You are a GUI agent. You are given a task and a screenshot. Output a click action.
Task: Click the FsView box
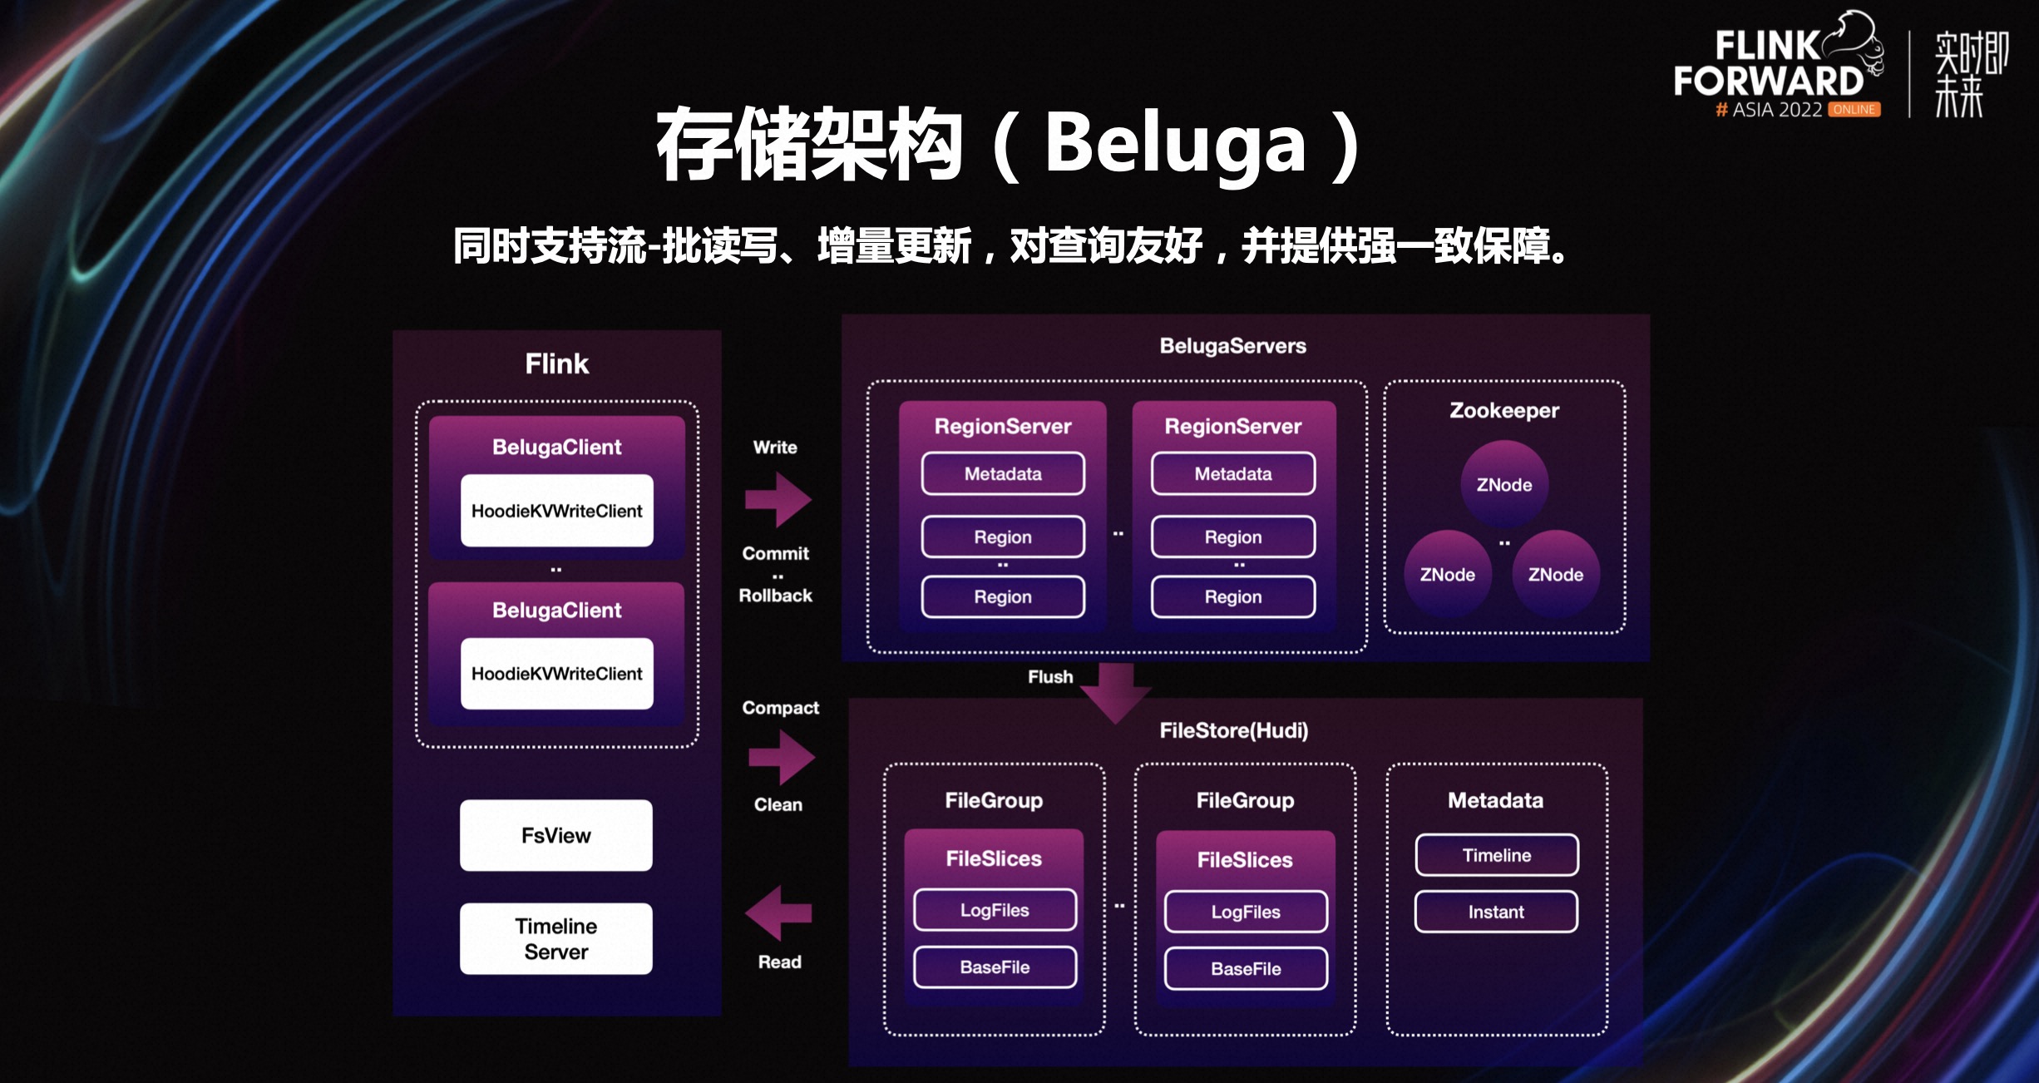coord(555,835)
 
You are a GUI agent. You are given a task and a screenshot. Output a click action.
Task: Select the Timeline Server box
coord(555,938)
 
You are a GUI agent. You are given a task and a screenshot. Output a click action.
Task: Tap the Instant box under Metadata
coord(1496,912)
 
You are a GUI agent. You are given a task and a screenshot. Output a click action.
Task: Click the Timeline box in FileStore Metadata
coord(1496,855)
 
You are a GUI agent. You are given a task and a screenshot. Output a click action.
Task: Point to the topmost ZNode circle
coord(1504,484)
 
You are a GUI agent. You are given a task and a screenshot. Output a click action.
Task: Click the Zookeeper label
coord(1504,410)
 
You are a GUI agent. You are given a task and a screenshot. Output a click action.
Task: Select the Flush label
coord(1050,677)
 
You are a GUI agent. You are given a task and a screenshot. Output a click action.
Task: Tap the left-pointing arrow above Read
coord(778,913)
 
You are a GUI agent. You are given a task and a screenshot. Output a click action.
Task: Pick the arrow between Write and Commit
coord(778,500)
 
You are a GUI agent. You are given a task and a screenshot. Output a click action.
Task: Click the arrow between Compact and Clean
coord(782,757)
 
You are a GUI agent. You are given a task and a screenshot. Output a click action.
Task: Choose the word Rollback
coord(775,596)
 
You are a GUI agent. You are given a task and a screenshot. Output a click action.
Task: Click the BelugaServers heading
coord(1232,346)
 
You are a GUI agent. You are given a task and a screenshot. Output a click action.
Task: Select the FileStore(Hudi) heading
coord(1233,730)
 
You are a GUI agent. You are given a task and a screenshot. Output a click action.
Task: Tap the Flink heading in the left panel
coord(556,363)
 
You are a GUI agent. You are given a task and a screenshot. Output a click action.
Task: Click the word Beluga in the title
coord(1175,145)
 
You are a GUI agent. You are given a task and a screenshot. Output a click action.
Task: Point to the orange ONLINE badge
coord(1854,110)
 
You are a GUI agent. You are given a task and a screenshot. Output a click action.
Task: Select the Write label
coord(775,448)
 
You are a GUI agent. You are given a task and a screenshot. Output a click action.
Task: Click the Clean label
coord(778,804)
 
